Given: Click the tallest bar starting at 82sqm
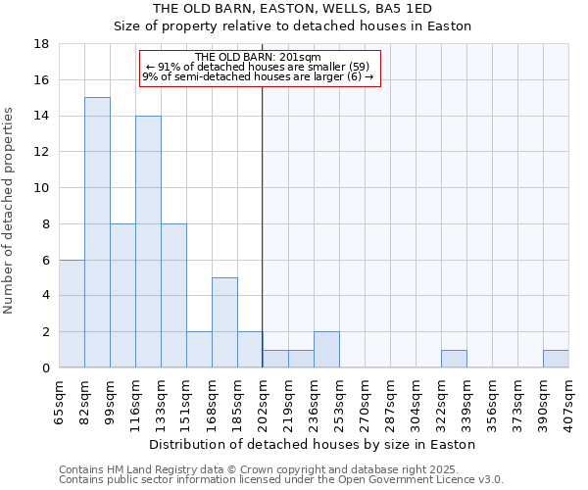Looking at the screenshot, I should (x=97, y=232).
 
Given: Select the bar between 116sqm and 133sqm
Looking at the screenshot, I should (x=148, y=242).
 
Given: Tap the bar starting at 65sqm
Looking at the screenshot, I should (x=72, y=314).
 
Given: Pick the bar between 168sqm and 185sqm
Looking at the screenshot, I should (x=224, y=322).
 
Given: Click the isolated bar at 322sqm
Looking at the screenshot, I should (x=454, y=359).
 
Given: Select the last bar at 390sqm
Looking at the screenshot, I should (x=556, y=359).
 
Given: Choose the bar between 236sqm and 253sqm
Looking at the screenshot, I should (x=326, y=350).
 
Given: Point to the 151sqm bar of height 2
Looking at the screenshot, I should (x=199, y=350).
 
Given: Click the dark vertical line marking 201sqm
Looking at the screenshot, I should (x=262, y=225).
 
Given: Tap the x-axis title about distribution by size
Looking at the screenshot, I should (x=313, y=444).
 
